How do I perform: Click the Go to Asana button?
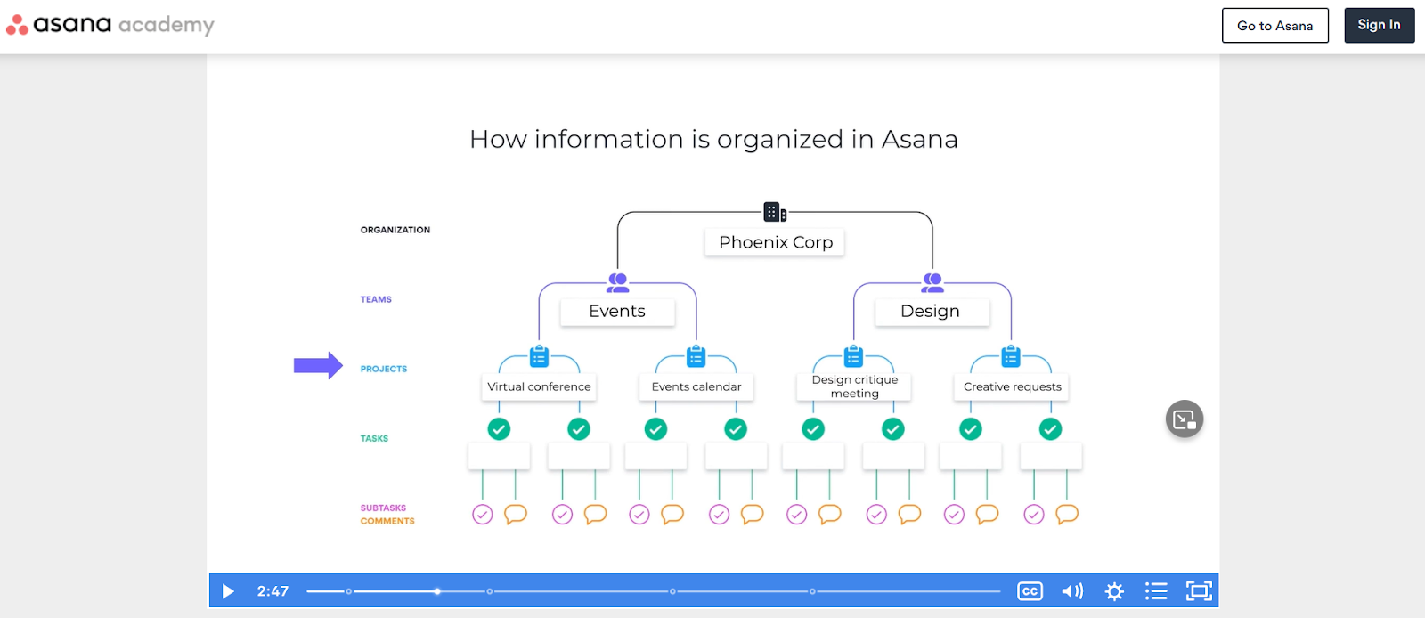(x=1274, y=26)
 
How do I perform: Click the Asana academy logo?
(x=110, y=25)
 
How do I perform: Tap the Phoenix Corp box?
(x=775, y=242)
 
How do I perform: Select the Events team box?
(x=616, y=312)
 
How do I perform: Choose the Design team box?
(x=930, y=312)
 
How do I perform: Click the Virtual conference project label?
(x=539, y=386)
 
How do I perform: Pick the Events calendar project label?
(x=696, y=386)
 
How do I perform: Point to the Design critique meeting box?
(x=854, y=386)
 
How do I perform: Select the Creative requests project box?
(x=1012, y=386)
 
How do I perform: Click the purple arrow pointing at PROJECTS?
(x=318, y=365)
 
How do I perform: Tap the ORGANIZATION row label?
(x=395, y=230)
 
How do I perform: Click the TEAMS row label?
(x=376, y=299)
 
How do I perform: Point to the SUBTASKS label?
(x=383, y=508)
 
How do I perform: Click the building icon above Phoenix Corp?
(x=774, y=212)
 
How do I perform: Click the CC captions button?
(x=1030, y=591)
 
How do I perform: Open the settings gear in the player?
(x=1114, y=591)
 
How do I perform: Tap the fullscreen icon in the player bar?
(x=1199, y=591)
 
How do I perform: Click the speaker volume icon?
(x=1072, y=591)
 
